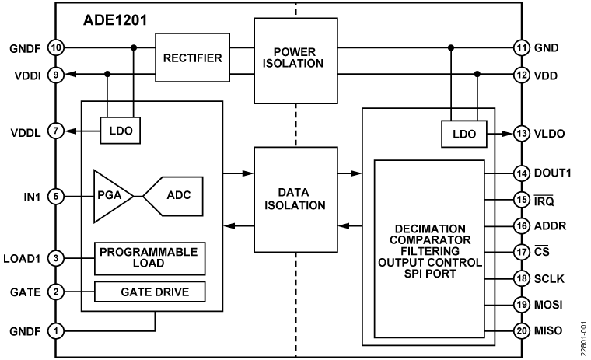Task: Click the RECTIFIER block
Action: point(192,58)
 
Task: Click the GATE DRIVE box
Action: point(151,293)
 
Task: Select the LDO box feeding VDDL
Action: point(119,132)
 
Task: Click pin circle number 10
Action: point(55,47)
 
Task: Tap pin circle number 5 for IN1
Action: point(55,195)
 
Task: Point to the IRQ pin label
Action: point(544,200)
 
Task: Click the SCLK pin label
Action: point(549,278)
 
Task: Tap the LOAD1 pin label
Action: point(23,258)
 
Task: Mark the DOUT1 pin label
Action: point(552,173)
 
